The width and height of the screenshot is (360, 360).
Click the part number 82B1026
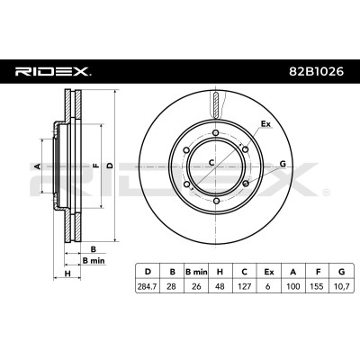pyautogui.click(x=316, y=72)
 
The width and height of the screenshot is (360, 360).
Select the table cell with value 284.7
pyautogui.click(x=148, y=287)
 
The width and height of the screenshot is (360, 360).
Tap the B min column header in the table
pyautogui.click(x=196, y=272)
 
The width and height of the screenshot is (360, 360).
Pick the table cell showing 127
pyautogui.click(x=245, y=287)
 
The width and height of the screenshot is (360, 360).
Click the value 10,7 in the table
pyautogui.click(x=341, y=287)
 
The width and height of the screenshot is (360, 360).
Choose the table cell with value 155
pyautogui.click(x=317, y=287)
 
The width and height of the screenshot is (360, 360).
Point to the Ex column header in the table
pyautogui.click(x=269, y=272)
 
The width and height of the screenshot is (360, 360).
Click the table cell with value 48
pyautogui.click(x=220, y=287)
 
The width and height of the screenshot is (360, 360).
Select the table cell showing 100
pyautogui.click(x=293, y=287)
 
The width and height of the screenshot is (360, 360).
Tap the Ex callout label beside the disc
pyautogui.click(x=265, y=123)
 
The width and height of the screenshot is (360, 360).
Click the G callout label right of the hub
pyautogui.click(x=283, y=164)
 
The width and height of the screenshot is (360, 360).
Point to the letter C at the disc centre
pyautogui.click(x=211, y=163)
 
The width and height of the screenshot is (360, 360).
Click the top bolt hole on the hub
pyautogui.click(x=215, y=133)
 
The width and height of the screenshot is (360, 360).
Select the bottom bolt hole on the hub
pyautogui.click(x=216, y=201)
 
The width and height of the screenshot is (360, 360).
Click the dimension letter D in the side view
pyautogui.click(x=111, y=166)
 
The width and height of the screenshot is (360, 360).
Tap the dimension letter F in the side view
pyautogui.click(x=96, y=166)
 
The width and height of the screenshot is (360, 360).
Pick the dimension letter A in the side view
pyautogui.click(x=38, y=166)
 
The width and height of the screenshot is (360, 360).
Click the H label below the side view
pyautogui.click(x=67, y=273)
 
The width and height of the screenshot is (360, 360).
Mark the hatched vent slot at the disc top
pyautogui.click(x=215, y=105)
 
